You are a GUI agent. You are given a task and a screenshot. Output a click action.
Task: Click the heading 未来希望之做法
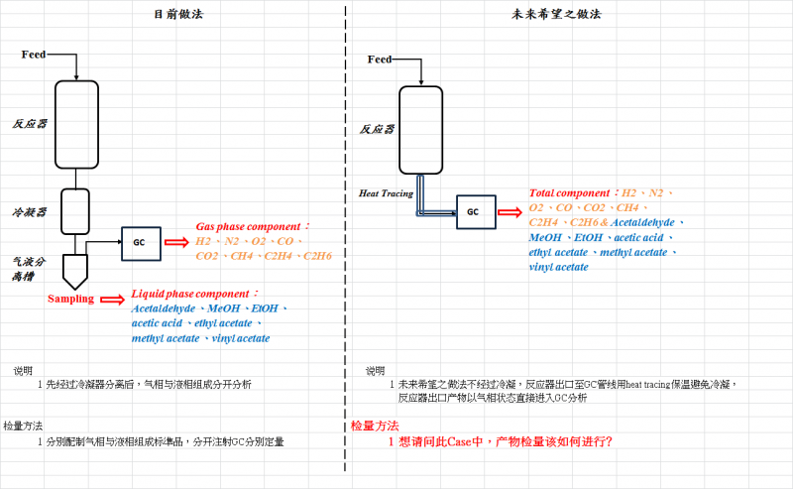(x=556, y=15)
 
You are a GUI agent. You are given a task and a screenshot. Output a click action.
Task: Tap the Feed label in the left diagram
(x=34, y=54)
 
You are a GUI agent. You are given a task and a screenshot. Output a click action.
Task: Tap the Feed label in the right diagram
(x=379, y=60)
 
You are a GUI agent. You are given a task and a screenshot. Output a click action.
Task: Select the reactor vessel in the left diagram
(x=76, y=124)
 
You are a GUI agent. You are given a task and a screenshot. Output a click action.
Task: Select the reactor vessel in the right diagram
(x=420, y=129)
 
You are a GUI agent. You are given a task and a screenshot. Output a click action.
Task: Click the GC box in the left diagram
(x=140, y=243)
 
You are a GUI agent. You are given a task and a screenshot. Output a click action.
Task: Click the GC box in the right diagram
(x=474, y=211)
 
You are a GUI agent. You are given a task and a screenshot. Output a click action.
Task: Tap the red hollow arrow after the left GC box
(x=175, y=242)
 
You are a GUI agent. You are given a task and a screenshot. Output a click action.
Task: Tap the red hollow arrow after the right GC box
(x=510, y=211)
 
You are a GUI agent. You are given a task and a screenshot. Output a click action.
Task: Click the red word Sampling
(x=70, y=299)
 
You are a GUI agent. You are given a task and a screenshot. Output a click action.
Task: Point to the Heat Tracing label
(x=386, y=193)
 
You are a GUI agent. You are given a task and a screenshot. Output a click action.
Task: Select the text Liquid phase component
(x=194, y=294)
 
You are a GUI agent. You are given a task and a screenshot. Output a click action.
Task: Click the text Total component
(x=569, y=192)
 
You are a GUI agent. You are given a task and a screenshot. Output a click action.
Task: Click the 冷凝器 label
(x=30, y=211)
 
